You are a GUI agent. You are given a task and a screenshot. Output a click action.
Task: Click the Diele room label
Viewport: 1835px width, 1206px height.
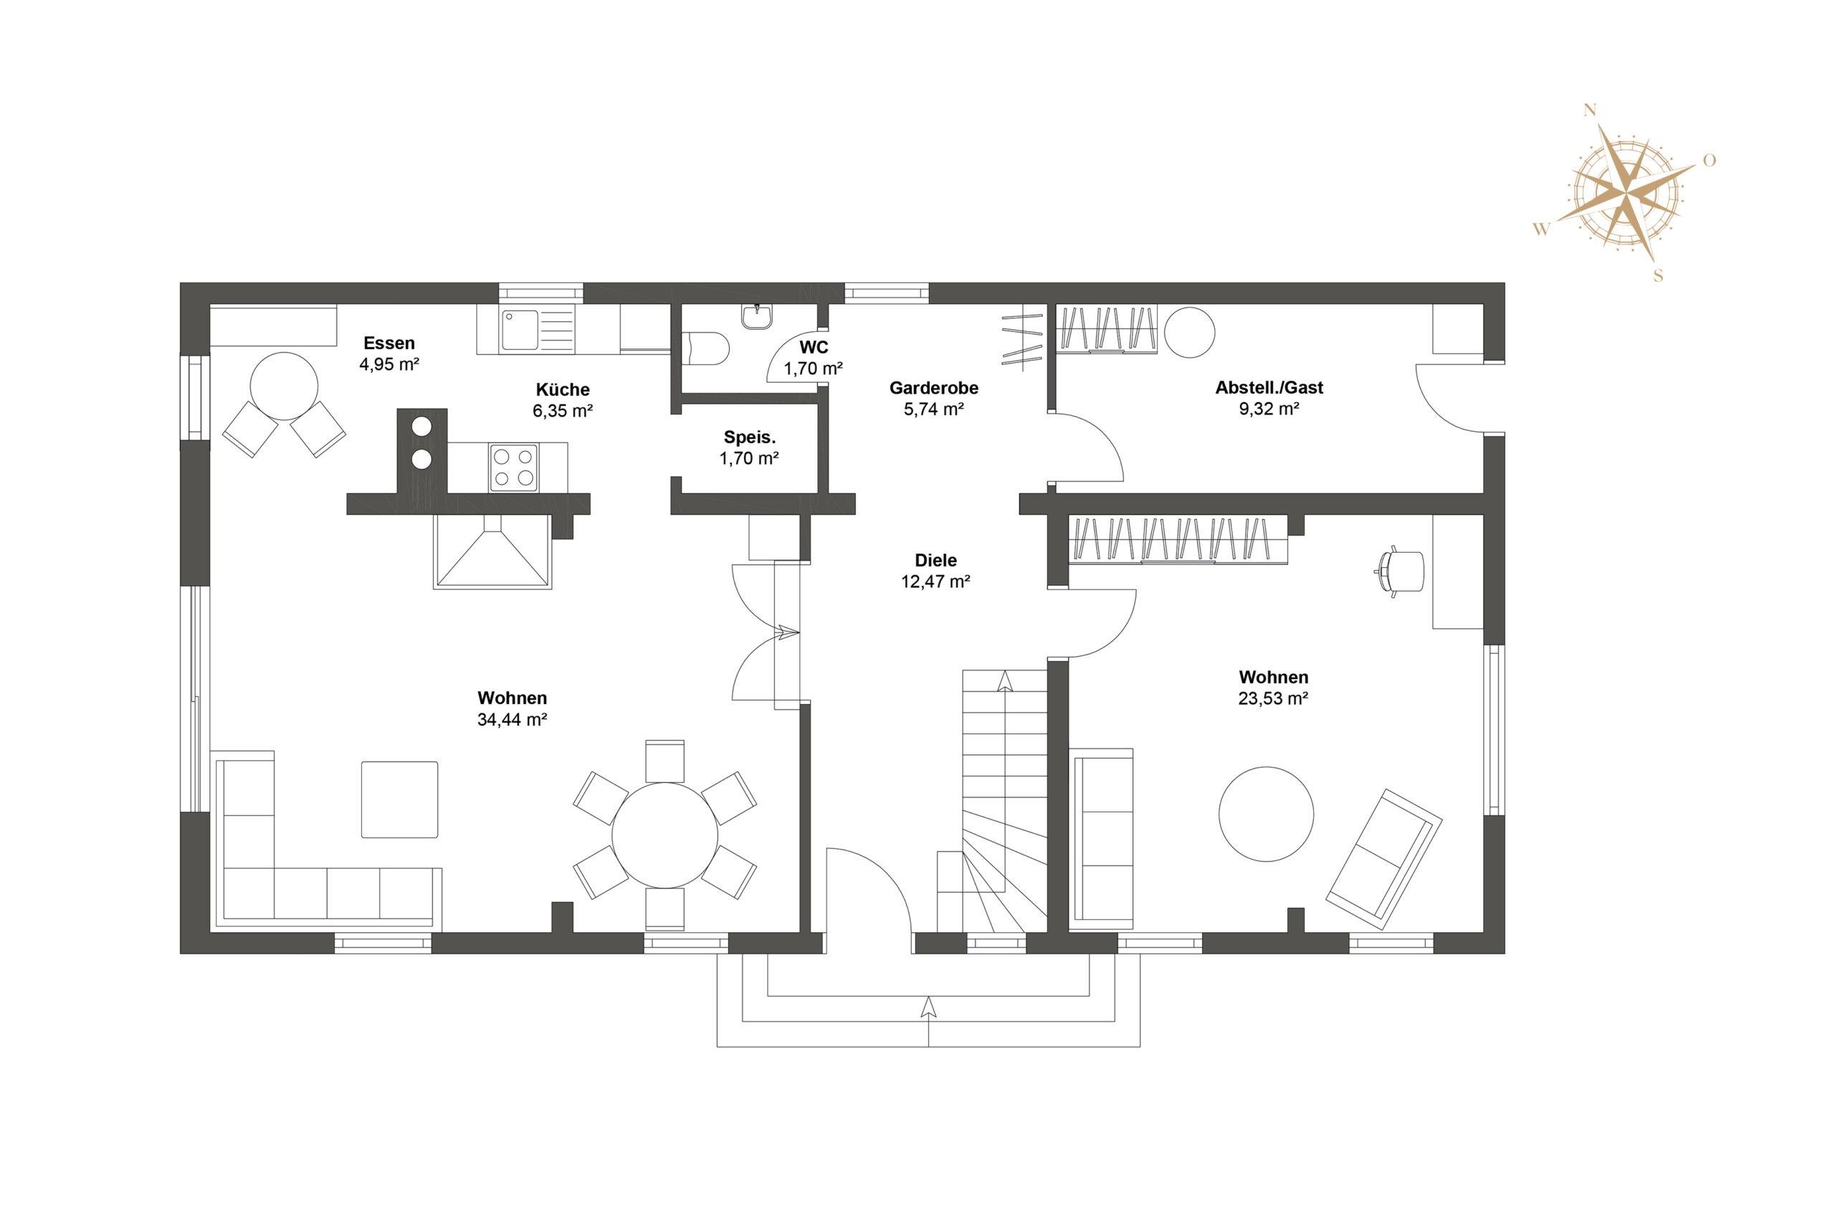coord(935,561)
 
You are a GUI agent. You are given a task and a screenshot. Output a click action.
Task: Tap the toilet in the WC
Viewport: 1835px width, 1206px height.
coord(705,348)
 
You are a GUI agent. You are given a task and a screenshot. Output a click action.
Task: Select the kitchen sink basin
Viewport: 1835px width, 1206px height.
coord(520,330)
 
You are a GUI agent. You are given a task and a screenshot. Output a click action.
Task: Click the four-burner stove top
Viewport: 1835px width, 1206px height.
coord(513,468)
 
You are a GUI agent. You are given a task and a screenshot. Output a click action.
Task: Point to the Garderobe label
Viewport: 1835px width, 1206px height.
coord(934,388)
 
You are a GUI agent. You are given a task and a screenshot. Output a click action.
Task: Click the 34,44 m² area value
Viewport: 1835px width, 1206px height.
coord(512,719)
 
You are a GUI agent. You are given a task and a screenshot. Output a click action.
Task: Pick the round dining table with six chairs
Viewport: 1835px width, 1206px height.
coord(664,835)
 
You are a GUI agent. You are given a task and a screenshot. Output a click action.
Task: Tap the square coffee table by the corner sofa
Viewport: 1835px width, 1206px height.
coord(399,799)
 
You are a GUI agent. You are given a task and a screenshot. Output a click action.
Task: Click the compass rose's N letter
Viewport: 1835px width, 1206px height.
coord(1589,110)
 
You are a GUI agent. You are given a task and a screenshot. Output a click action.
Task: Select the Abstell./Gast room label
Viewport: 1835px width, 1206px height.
coord(1269,388)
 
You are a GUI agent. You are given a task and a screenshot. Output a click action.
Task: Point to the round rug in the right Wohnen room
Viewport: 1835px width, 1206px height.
coord(1266,815)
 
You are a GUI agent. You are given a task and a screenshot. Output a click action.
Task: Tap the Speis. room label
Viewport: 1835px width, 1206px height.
coord(750,437)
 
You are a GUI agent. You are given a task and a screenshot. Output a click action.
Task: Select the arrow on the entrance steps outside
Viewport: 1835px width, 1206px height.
coord(928,1008)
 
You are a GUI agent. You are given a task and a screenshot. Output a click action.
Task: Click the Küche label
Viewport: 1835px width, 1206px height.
coord(563,389)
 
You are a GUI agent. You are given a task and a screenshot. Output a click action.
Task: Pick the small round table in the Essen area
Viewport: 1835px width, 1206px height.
coord(284,386)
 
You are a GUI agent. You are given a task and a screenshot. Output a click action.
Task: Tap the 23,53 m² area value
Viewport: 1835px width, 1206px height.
coord(1273,698)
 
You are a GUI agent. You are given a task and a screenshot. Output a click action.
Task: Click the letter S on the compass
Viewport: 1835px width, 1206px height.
coord(1659,275)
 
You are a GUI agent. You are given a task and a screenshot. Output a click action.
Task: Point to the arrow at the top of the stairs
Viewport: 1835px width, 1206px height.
coord(1005,682)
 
